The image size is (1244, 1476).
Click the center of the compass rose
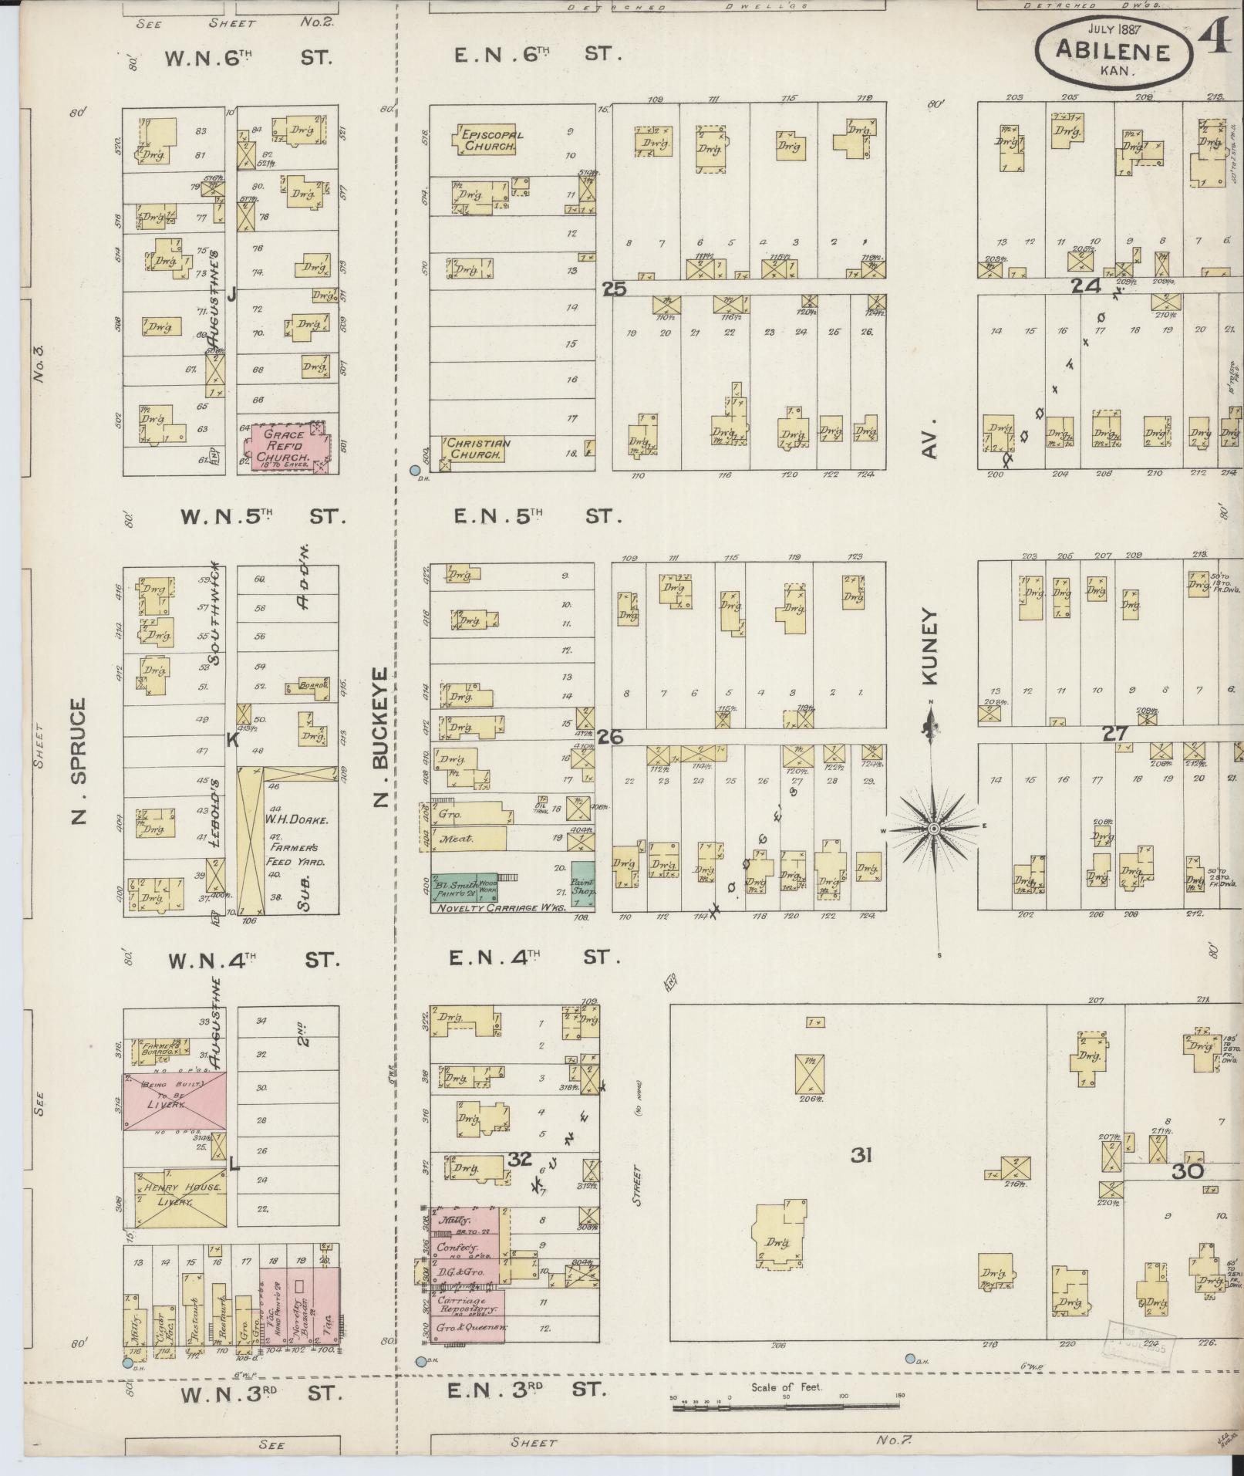pyautogui.click(x=932, y=828)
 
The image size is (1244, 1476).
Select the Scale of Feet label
pyautogui.click(x=787, y=1387)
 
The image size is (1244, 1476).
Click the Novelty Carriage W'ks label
pyautogui.click(x=501, y=908)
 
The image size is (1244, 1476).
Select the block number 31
pyautogui.click(x=861, y=1155)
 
